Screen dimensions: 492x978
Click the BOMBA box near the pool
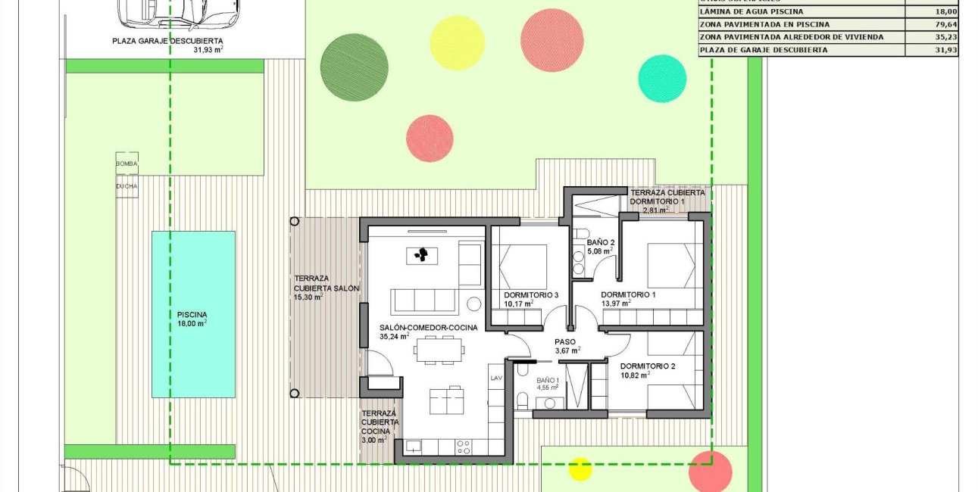pyautogui.click(x=127, y=163)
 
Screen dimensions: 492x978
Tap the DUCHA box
pyautogui.click(x=127, y=185)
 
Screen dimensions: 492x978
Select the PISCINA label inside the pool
pyautogui.click(x=192, y=315)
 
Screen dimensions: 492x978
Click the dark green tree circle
pyautogui.click(x=355, y=67)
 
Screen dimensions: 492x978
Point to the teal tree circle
pyautogui.click(x=662, y=78)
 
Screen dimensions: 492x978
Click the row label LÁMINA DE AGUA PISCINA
pyautogui.click(x=751, y=11)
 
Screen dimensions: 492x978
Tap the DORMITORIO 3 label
pyautogui.click(x=531, y=294)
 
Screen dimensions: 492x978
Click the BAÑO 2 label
pyautogui.click(x=600, y=242)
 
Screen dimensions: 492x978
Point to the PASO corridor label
pyautogui.click(x=565, y=341)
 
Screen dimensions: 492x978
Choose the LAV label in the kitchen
pyautogui.click(x=496, y=377)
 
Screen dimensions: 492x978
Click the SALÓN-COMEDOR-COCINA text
pyautogui.click(x=429, y=328)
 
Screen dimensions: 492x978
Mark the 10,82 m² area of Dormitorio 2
pyautogui.click(x=635, y=375)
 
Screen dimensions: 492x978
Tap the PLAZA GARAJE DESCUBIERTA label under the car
pyautogui.click(x=167, y=42)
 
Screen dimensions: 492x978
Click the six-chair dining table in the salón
pyautogui.click(x=439, y=349)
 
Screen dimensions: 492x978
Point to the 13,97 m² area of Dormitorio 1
pyautogui.click(x=616, y=304)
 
